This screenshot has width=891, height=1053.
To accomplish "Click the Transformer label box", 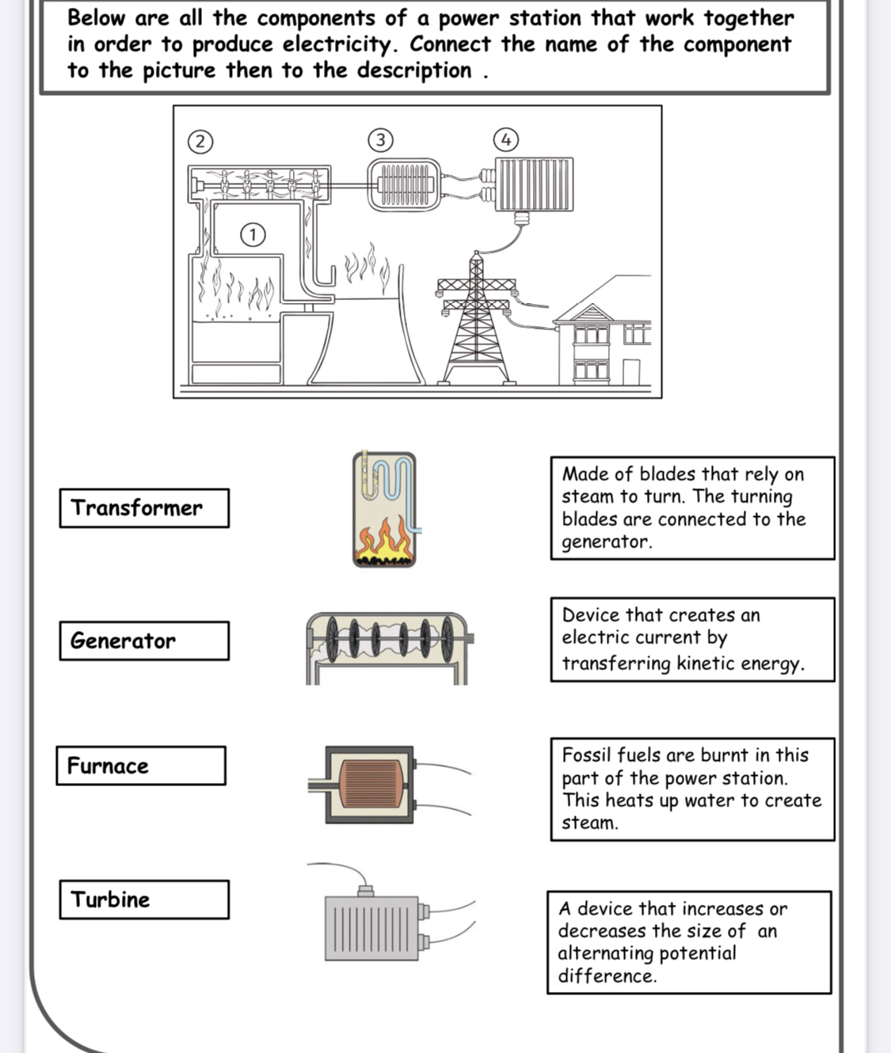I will [144, 508].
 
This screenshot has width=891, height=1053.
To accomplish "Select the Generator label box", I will [144, 641].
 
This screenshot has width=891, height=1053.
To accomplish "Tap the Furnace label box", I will [141, 766].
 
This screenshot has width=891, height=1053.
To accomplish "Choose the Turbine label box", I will [144, 899].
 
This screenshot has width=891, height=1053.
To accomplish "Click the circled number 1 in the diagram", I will [253, 234].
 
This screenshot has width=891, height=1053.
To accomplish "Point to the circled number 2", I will [200, 142].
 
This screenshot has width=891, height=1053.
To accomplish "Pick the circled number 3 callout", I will [380, 140].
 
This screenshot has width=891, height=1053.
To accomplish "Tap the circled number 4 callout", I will [506, 140].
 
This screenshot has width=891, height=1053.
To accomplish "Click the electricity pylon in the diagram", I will [477, 325].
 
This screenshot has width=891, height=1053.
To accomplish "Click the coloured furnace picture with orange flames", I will [385, 510].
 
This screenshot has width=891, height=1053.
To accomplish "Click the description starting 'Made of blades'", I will [692, 508].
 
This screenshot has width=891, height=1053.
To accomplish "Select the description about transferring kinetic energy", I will [692, 639].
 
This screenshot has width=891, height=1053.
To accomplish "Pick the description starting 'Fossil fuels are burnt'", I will [692, 789].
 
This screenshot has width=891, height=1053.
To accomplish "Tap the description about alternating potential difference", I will [689, 942].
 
